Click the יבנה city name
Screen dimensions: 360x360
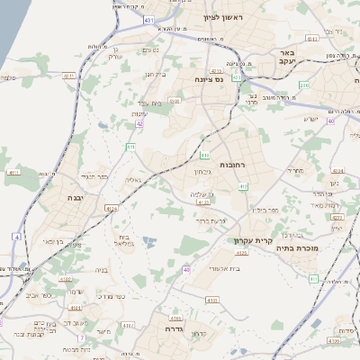76,195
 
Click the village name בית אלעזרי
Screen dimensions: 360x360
220,268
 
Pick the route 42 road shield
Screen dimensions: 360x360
139,126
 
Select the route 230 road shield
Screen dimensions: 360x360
303,85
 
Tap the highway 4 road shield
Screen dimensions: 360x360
15,236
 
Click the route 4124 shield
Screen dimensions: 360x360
111,209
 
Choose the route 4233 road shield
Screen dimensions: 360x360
336,217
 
